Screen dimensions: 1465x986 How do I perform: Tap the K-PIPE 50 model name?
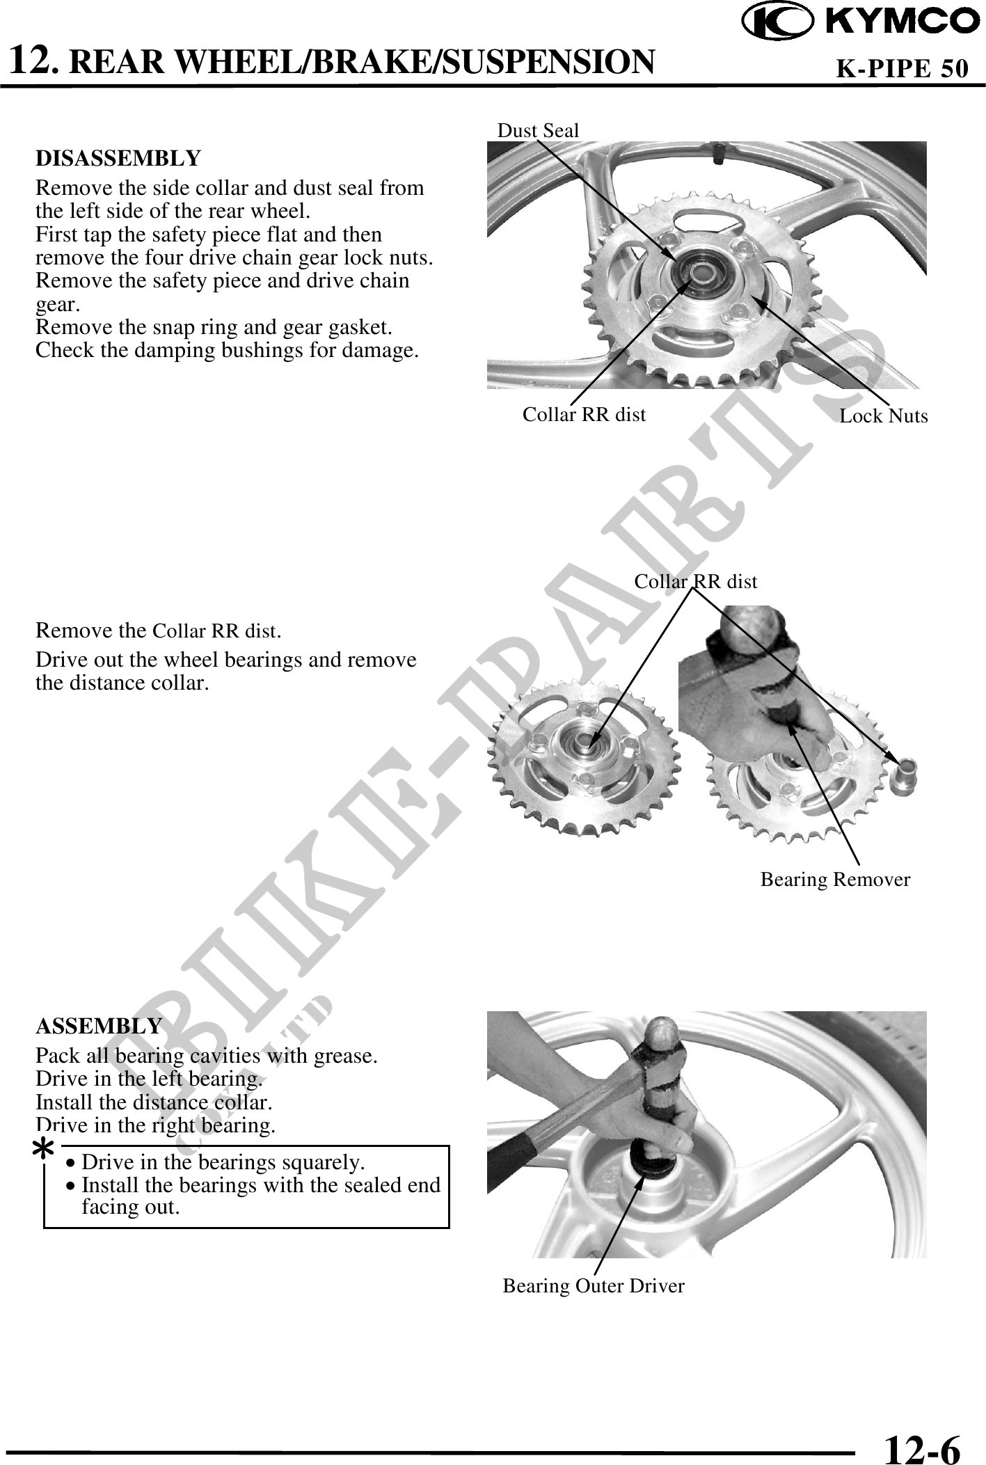pyautogui.click(x=901, y=68)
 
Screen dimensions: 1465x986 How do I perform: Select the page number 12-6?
pyautogui.click(x=921, y=1432)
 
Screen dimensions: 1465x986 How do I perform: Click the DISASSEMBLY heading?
pyautogui.click(x=118, y=159)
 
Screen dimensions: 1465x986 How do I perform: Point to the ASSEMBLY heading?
pyautogui.click(x=98, y=1027)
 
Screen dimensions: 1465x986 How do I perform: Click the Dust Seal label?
pyautogui.click(x=538, y=130)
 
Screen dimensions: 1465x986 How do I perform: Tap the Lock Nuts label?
pyautogui.click(x=883, y=416)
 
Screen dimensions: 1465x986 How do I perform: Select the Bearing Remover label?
pyautogui.click(x=834, y=880)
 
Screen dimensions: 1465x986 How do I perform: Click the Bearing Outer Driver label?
pyautogui.click(x=593, y=1286)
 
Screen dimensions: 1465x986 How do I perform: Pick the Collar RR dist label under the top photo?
pyautogui.click(x=584, y=415)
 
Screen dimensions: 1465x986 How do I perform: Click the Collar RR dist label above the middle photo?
pyautogui.click(x=695, y=581)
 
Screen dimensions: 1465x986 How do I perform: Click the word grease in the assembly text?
pyautogui.click(x=346, y=1056)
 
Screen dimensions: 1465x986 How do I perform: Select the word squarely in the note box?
pyautogui.click(x=324, y=1162)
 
